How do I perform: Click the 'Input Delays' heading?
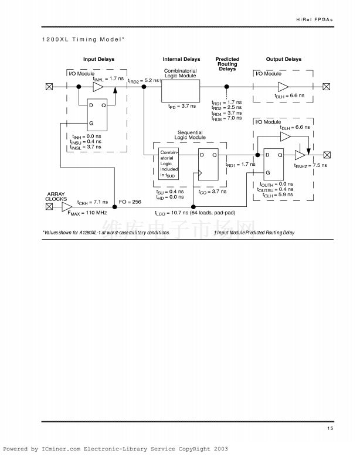99,60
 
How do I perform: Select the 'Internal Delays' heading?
181,60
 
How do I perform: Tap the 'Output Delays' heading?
284,60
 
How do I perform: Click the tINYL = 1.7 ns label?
108,78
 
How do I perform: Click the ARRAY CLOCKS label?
56,196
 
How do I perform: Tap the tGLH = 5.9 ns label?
276,195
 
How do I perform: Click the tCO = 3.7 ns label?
208,192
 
